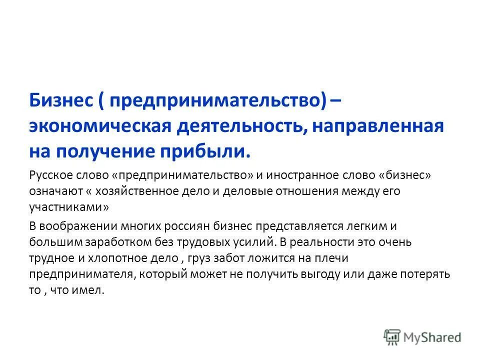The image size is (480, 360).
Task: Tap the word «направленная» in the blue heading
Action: pos(378,125)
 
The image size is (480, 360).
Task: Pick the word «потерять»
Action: pos(428,274)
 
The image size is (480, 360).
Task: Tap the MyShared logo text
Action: pos(432,337)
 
